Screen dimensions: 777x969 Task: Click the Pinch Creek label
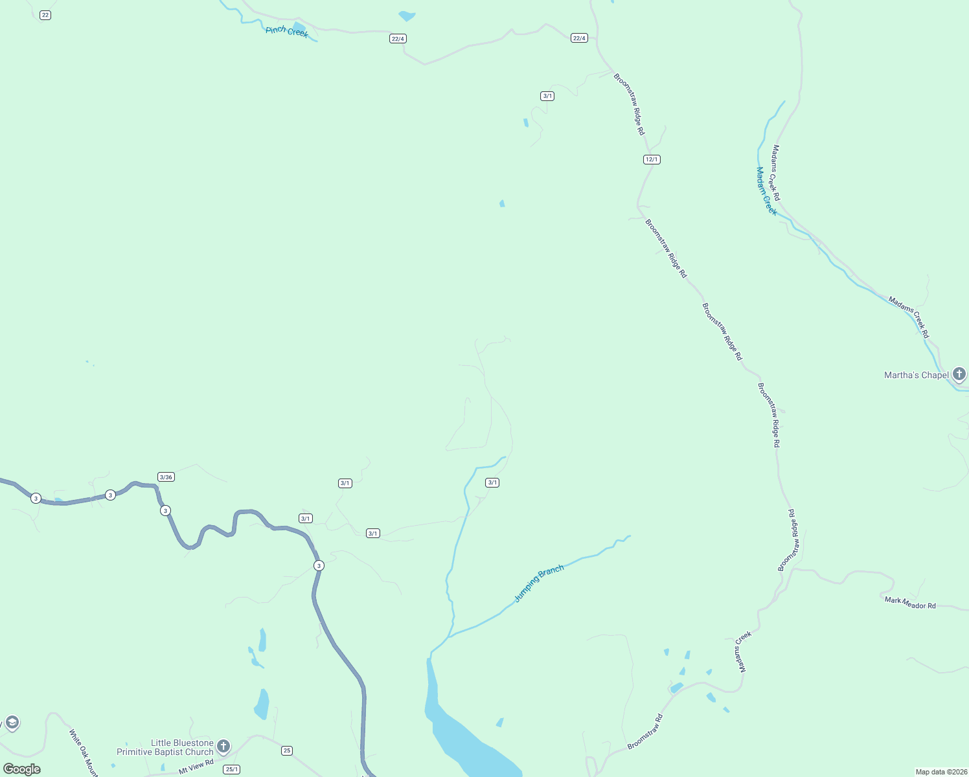coord(287,31)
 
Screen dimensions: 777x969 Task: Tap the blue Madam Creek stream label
coord(766,191)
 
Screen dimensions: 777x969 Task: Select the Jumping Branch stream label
coord(539,583)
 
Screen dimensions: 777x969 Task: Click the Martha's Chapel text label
coord(916,375)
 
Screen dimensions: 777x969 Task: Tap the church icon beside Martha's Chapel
coord(959,374)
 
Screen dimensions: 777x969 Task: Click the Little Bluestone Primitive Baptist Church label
coord(165,747)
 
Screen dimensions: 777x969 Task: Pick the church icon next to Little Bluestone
coord(223,747)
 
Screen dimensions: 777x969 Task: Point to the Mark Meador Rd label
coord(910,603)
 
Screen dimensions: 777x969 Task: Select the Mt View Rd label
coord(196,767)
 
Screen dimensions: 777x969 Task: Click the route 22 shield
coord(45,15)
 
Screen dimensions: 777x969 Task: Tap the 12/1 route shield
coord(652,159)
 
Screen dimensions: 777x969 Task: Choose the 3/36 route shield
coord(166,477)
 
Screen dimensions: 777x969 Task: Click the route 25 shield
coord(287,750)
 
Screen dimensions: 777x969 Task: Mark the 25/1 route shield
coord(231,769)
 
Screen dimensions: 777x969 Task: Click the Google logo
coord(22,769)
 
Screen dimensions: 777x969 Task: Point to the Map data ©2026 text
coord(941,772)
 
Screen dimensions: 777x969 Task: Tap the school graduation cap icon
coord(12,723)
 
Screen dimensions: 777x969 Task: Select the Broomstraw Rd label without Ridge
coord(645,732)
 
